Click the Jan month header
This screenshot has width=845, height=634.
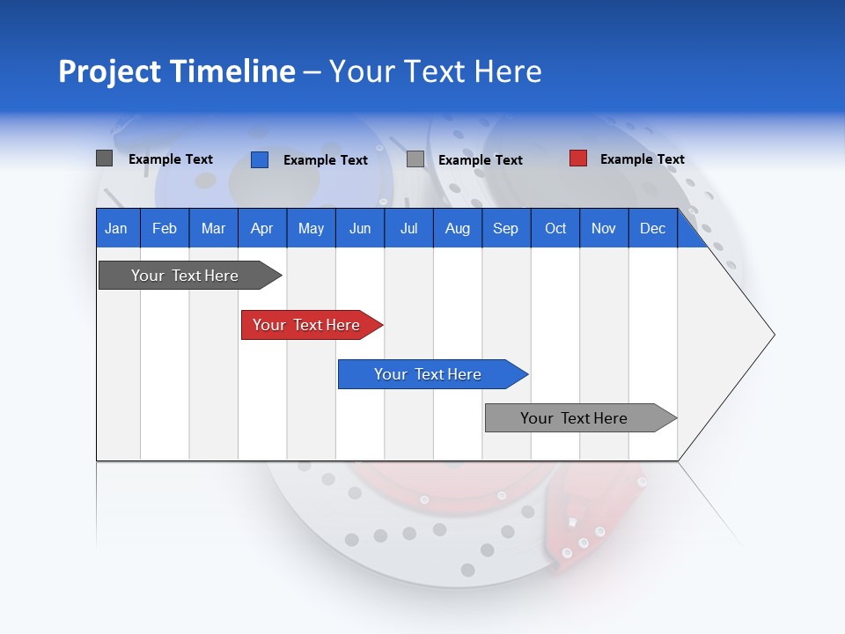click(x=117, y=228)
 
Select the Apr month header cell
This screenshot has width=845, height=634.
click(x=261, y=228)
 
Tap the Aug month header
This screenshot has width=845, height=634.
click(x=457, y=228)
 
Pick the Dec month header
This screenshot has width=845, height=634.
click(x=652, y=228)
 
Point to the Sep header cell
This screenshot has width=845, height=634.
click(x=505, y=228)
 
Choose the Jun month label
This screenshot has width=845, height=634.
click(x=359, y=228)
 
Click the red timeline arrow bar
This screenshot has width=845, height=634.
click(x=308, y=325)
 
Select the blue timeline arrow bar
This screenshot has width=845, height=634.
click(x=429, y=374)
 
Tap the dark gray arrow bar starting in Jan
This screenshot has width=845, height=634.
click(x=186, y=276)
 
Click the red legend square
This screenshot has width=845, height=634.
click(x=578, y=158)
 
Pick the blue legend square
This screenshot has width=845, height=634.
click(x=260, y=159)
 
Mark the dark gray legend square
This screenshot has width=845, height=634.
click(x=104, y=158)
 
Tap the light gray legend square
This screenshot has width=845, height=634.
click(x=415, y=159)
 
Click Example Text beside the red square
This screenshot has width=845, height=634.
click(x=642, y=159)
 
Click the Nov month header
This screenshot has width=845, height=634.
click(x=604, y=228)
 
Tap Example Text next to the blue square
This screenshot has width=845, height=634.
click(x=325, y=160)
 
